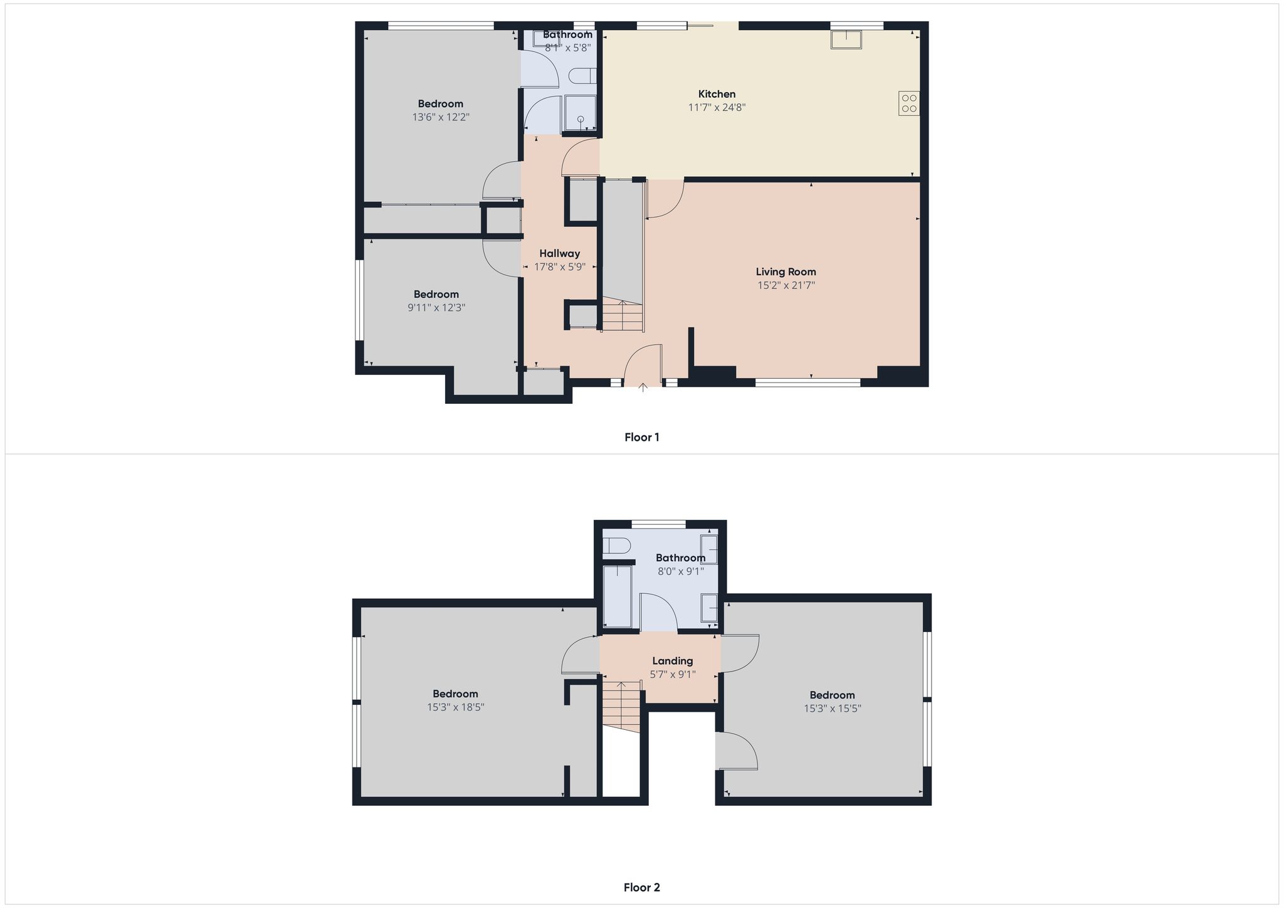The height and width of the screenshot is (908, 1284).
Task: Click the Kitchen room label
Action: [717, 94]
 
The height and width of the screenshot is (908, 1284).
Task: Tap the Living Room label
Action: [786, 272]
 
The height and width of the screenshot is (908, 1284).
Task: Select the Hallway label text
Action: [559, 253]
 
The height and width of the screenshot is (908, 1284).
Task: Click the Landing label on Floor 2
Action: [672, 661]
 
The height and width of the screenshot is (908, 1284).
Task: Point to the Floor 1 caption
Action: [641, 437]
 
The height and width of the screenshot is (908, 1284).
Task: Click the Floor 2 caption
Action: [641, 887]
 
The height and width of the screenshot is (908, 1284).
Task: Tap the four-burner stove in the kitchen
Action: [909, 103]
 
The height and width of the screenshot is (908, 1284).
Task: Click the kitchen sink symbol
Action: [846, 40]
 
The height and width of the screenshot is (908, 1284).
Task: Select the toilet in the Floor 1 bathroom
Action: [581, 76]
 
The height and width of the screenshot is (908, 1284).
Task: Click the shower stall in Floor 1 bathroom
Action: [581, 113]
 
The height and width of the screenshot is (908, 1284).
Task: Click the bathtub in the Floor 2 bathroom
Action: [618, 596]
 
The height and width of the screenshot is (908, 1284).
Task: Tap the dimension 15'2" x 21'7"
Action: [786, 285]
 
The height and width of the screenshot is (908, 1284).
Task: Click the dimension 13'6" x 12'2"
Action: [441, 117]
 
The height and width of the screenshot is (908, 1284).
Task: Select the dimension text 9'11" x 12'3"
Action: [436, 308]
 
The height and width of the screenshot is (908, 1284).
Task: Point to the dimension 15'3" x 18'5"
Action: [455, 707]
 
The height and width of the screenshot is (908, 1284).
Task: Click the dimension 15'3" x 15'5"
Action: [832, 709]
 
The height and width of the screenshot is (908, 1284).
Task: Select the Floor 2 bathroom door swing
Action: [658, 612]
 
